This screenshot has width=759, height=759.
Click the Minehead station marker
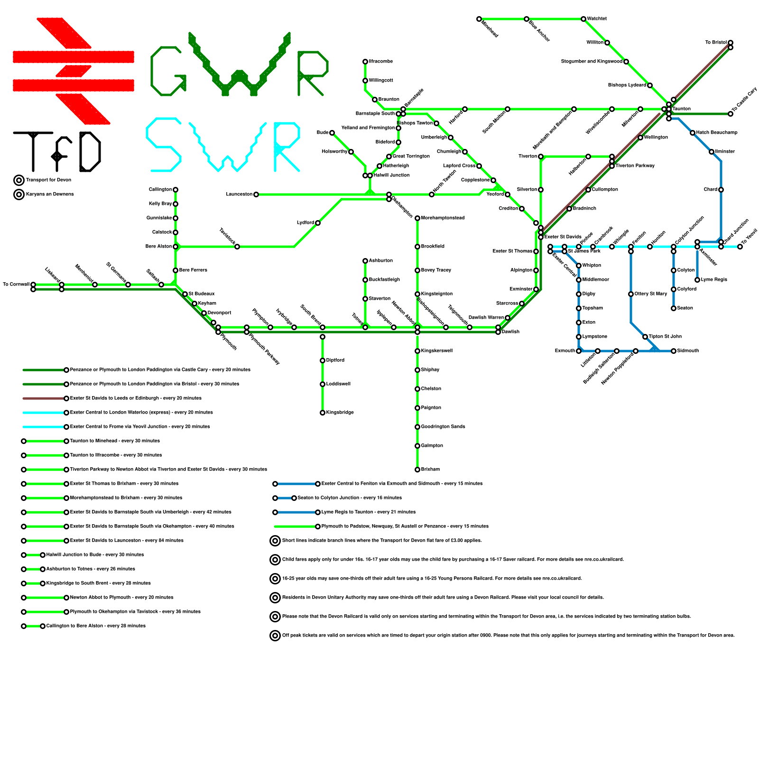(479, 19)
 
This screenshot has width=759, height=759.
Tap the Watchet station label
(596, 19)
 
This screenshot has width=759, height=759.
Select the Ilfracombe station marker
(365, 62)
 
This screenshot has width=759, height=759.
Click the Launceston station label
(239, 194)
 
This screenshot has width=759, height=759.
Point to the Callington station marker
(176, 190)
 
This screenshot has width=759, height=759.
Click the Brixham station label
(430, 470)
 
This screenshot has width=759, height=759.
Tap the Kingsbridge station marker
(323, 413)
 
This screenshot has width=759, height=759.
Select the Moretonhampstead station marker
(417, 218)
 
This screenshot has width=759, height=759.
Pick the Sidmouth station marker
(674, 351)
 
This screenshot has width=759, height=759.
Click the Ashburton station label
(380, 261)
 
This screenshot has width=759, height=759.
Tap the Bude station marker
(332, 133)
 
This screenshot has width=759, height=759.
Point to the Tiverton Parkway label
(635, 166)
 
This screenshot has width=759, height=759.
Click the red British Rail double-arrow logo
(74, 71)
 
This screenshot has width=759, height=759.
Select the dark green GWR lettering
(240, 66)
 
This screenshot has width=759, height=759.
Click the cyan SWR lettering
(223, 145)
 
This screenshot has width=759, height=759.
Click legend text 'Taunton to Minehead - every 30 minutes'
(115, 441)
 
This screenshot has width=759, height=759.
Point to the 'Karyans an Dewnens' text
(50, 194)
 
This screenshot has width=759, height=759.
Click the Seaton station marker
(674, 308)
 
